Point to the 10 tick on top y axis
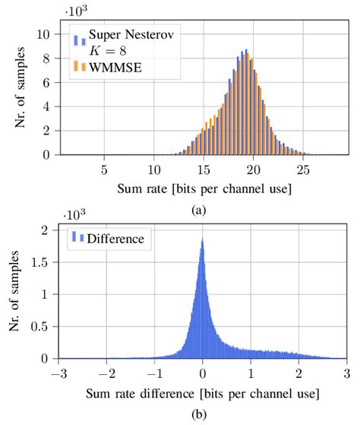47,34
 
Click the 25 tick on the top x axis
302,168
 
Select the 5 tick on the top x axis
104,168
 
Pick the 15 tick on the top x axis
203,168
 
